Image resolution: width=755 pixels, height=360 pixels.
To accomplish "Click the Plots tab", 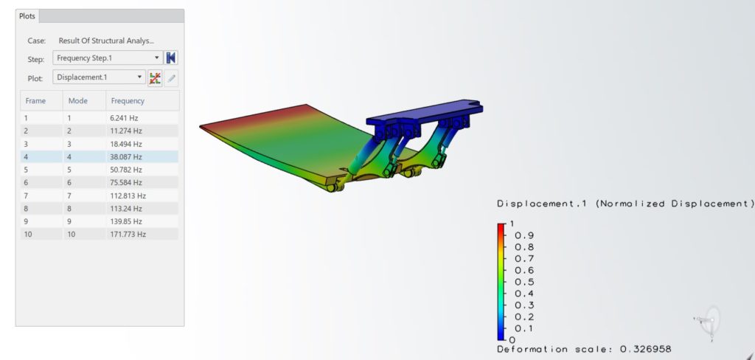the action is (27, 16).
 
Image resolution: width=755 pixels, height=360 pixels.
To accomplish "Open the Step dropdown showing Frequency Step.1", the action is (108, 58).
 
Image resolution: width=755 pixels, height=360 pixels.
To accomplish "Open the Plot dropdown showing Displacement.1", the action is (99, 77).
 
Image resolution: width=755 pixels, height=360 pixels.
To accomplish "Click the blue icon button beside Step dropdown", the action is (171, 58).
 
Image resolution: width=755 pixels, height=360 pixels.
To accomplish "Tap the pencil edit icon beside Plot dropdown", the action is (171, 77).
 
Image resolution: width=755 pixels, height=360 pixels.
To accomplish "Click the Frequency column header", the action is (128, 101).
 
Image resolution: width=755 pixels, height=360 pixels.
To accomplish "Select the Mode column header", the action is (78, 101).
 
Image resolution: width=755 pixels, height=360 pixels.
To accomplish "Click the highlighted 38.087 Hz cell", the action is (126, 156).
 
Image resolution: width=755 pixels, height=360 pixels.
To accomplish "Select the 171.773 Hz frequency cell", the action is (128, 234).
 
